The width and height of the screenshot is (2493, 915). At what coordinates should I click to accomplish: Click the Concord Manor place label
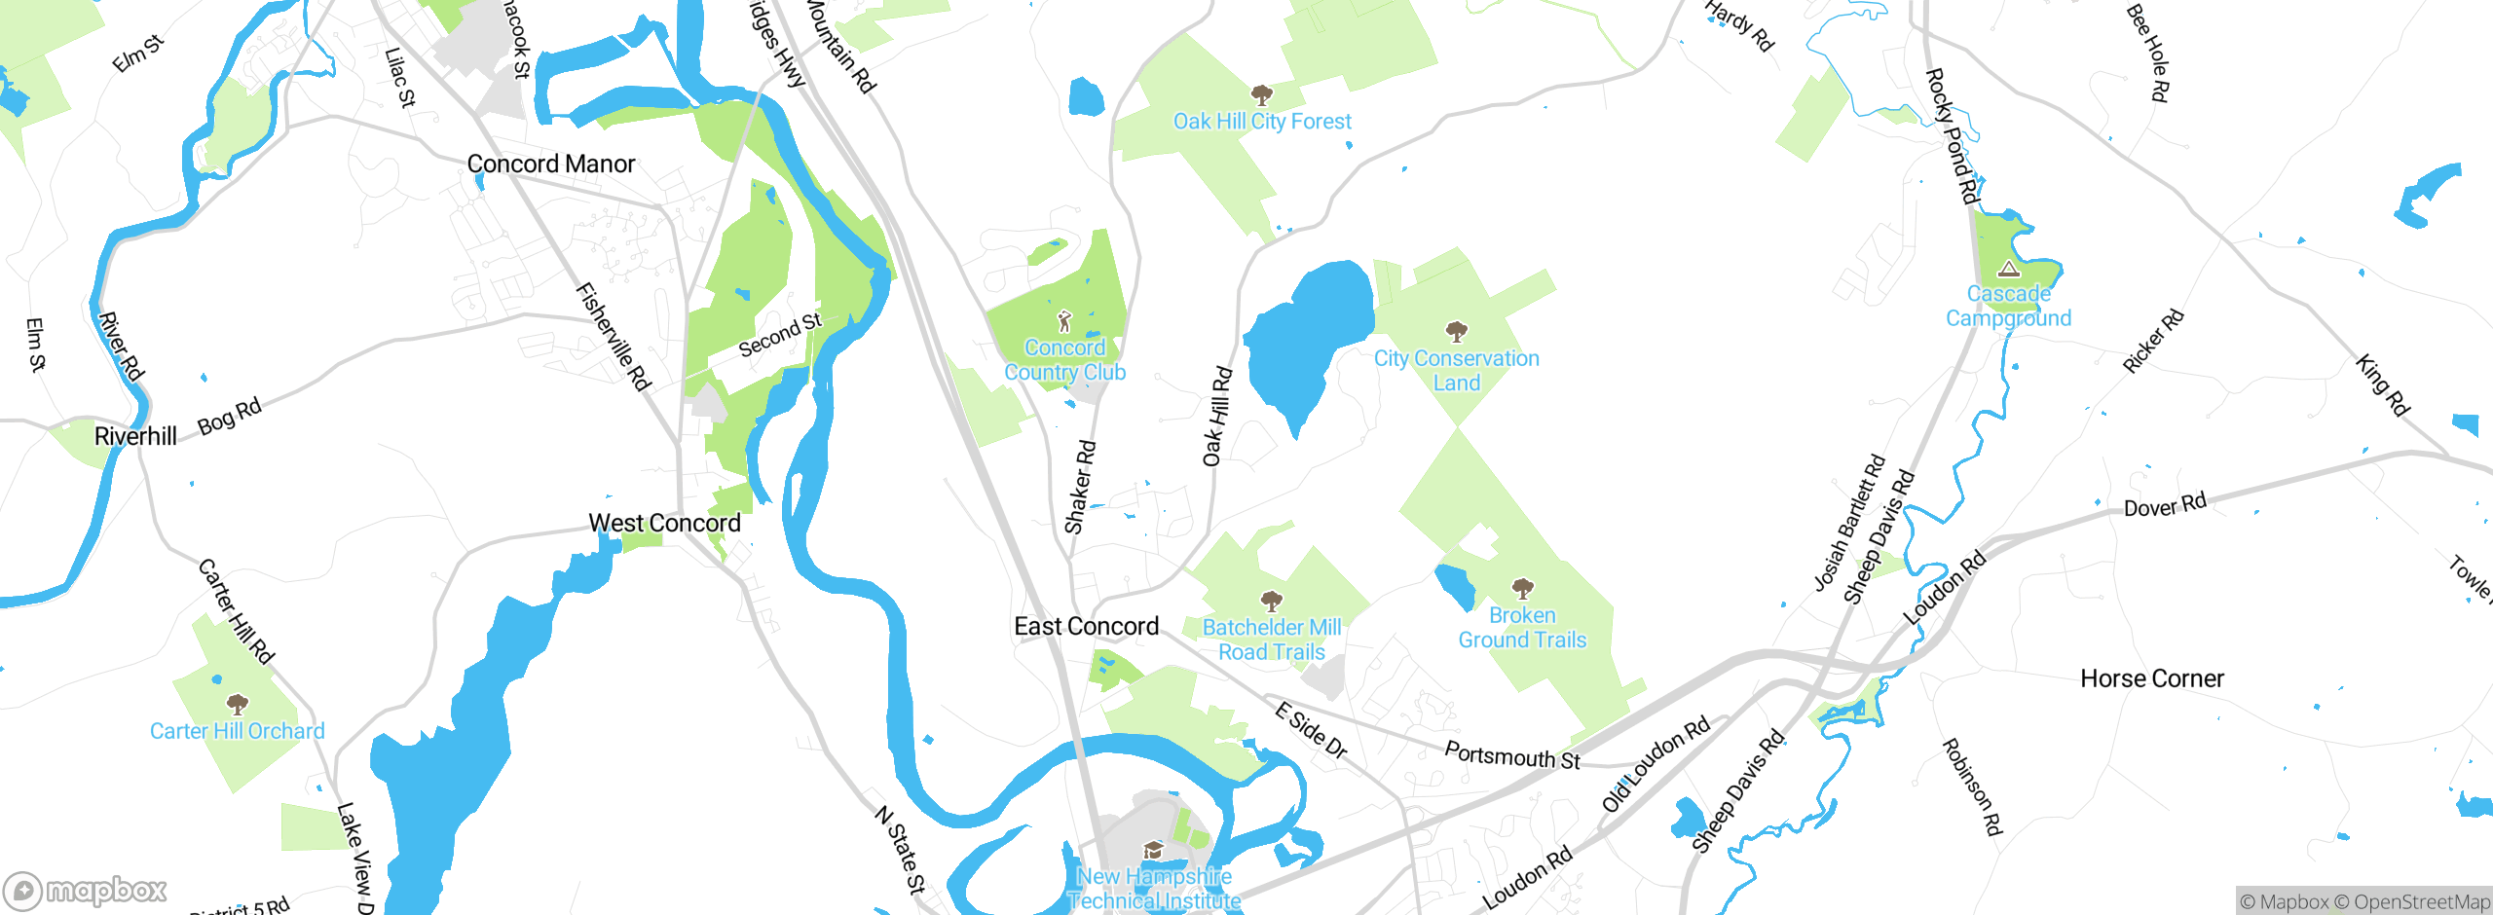551,164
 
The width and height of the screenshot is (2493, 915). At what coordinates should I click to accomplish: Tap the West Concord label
664,523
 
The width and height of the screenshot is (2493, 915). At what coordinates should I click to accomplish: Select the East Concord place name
1086,626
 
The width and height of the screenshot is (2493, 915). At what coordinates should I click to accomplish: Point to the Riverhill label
135,436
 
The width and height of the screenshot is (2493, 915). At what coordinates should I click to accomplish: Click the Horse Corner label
2152,678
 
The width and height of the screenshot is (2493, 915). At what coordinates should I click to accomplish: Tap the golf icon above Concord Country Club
1064,321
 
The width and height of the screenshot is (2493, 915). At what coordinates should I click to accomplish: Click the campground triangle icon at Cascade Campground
2008,269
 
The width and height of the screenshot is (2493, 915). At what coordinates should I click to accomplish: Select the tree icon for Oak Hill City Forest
1262,95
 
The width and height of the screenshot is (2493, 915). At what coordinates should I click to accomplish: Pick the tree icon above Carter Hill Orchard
237,704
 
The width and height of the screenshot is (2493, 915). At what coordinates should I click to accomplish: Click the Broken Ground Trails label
1522,628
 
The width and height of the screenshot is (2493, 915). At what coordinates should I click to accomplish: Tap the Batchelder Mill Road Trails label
1272,640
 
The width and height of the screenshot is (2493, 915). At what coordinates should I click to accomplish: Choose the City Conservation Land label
1456,370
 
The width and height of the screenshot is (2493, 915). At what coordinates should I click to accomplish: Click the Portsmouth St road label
1511,755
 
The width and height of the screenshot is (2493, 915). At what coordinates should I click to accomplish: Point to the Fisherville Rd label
613,337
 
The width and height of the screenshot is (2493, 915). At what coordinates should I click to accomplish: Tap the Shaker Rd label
1080,488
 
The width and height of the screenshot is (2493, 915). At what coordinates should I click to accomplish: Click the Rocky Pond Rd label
1953,136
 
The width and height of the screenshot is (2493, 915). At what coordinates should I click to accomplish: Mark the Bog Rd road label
230,416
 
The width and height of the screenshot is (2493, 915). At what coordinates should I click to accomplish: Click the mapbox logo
86,890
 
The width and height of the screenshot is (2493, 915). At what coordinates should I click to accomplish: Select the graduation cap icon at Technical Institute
1153,851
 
